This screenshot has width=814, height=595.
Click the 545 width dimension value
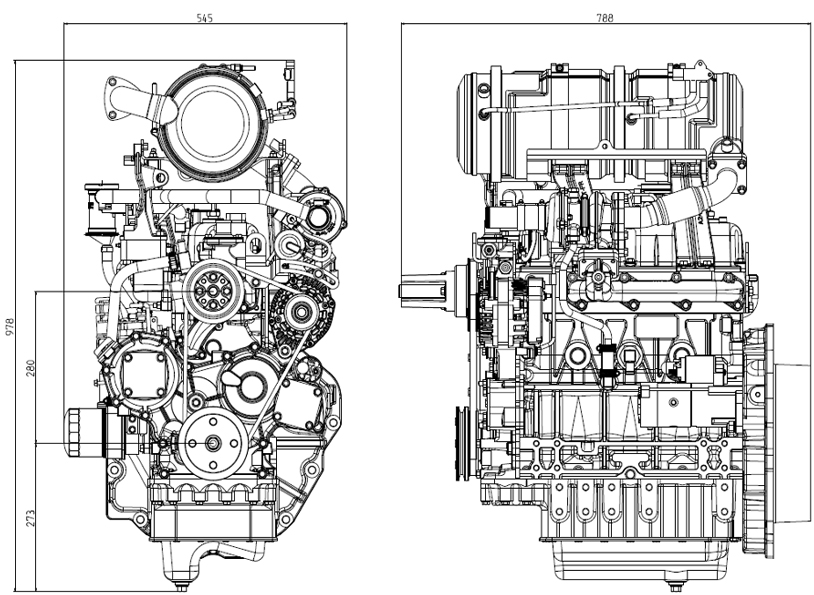(x=206, y=18)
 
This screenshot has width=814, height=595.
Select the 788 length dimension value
(x=604, y=17)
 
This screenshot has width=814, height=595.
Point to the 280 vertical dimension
(x=30, y=369)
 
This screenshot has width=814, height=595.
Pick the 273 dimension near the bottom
(x=30, y=517)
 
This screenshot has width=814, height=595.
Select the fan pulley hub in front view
(x=211, y=289)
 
